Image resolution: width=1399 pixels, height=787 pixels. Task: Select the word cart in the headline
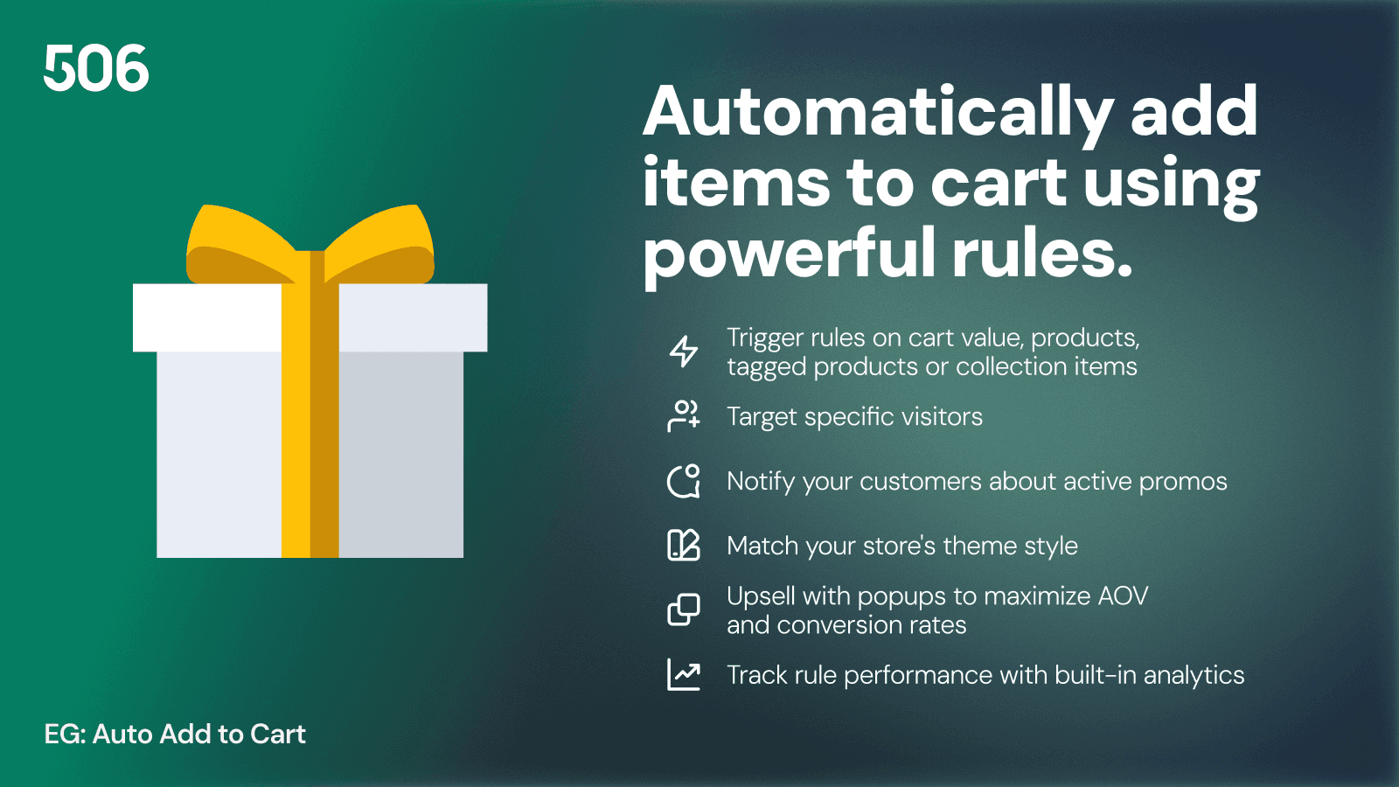coord(998,183)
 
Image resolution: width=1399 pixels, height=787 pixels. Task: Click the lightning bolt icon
coord(684,352)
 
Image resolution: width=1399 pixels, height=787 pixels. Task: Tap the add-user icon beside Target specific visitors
coord(684,416)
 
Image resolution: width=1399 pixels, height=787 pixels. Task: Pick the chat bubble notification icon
coord(684,481)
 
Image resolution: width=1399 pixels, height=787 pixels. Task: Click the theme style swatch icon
coord(684,546)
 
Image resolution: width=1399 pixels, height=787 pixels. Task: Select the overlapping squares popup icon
coord(684,610)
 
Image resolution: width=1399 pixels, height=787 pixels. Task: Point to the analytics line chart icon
coord(684,675)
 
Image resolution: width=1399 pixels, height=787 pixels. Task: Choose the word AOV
coord(1123,596)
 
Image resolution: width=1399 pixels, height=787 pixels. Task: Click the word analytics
coord(1194,676)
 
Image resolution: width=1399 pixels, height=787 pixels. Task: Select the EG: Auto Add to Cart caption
coord(175,735)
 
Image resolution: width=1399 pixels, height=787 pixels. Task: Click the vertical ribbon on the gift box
coord(310,437)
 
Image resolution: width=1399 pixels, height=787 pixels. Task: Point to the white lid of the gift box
coord(210,317)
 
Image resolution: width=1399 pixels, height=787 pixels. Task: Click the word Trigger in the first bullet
coord(765,338)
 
